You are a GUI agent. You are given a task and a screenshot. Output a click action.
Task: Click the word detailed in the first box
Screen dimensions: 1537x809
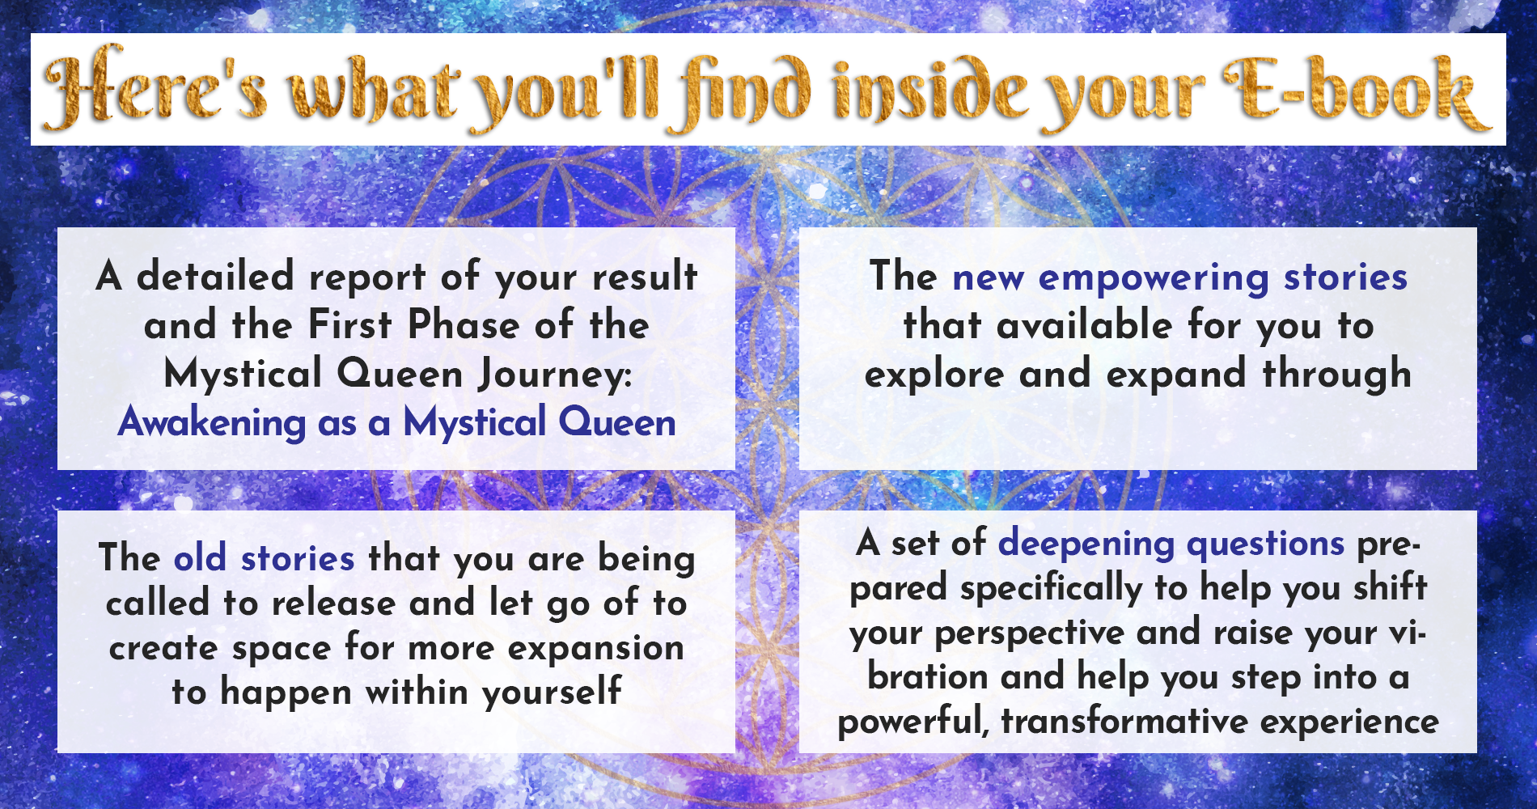click(215, 276)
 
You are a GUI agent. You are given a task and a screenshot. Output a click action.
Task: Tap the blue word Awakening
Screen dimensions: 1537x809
click(212, 422)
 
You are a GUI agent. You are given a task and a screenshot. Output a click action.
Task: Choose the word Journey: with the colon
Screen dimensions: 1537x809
click(555, 375)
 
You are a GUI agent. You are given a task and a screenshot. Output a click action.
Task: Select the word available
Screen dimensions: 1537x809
click(1086, 325)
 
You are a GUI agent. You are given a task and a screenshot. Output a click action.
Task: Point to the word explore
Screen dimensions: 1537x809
click(934, 375)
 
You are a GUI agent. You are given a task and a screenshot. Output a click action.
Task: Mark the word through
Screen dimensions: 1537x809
click(1337, 374)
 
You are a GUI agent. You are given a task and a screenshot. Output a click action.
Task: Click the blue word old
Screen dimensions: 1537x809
click(200, 557)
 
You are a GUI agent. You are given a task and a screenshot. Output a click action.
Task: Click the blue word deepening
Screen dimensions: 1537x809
click(1086, 544)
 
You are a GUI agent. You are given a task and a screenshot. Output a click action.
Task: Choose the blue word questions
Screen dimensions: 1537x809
click(1265, 544)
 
